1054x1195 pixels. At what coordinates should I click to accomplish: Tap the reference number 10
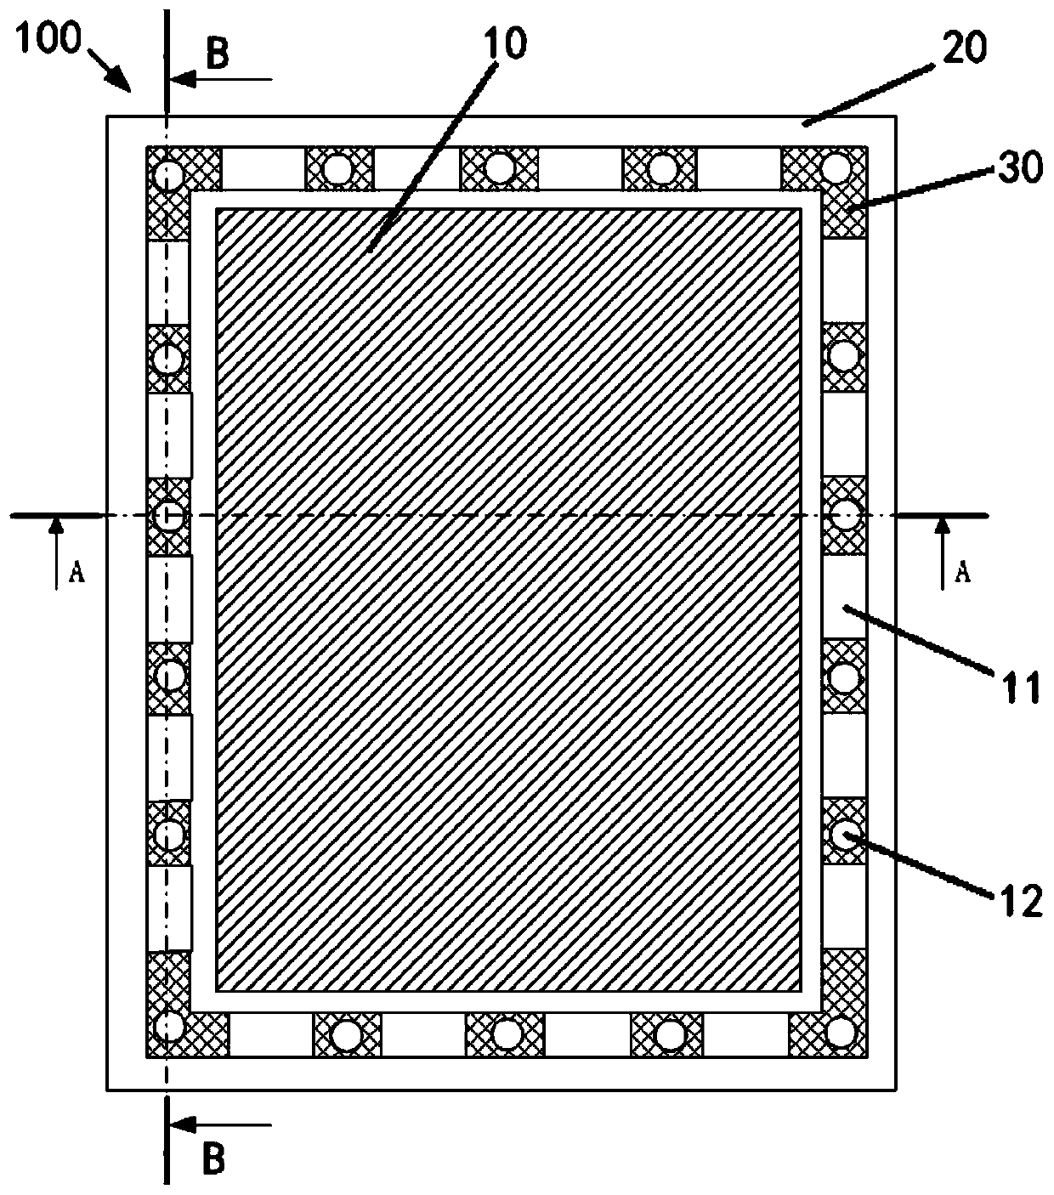click(507, 42)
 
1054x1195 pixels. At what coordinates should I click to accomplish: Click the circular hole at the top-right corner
click(838, 167)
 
